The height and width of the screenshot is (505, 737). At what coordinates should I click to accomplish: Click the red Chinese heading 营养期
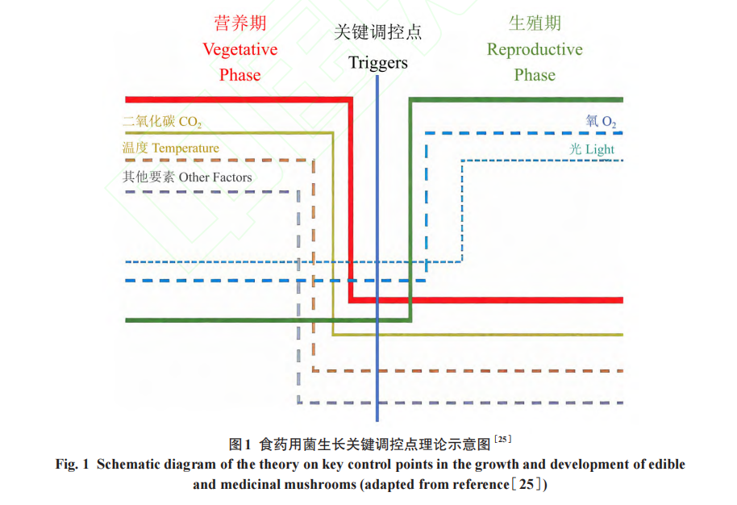(x=240, y=23)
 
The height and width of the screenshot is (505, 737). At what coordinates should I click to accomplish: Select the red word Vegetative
(x=240, y=49)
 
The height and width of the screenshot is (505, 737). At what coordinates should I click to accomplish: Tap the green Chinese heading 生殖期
(x=535, y=23)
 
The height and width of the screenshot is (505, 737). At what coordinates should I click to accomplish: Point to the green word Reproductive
(x=535, y=49)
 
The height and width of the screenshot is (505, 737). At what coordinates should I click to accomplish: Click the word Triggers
(x=378, y=62)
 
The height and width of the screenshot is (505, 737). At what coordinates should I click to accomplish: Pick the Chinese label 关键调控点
(x=378, y=33)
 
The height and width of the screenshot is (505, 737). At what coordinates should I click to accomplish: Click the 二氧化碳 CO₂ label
(x=162, y=123)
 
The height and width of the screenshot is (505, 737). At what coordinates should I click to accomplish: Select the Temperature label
(x=185, y=148)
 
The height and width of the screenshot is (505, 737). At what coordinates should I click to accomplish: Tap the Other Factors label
(x=214, y=177)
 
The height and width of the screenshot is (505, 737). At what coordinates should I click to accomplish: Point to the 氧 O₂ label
(x=602, y=122)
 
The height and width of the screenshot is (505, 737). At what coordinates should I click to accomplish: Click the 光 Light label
(x=592, y=149)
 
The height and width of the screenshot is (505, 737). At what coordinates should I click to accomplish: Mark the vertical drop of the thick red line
(x=351, y=202)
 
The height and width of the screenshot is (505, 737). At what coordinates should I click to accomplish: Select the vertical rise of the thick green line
(x=410, y=210)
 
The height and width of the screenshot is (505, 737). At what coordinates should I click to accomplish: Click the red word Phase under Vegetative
(x=240, y=75)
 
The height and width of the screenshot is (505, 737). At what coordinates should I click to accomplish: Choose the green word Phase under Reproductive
(x=535, y=75)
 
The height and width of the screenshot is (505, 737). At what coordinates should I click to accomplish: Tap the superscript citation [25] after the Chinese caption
(x=502, y=440)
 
